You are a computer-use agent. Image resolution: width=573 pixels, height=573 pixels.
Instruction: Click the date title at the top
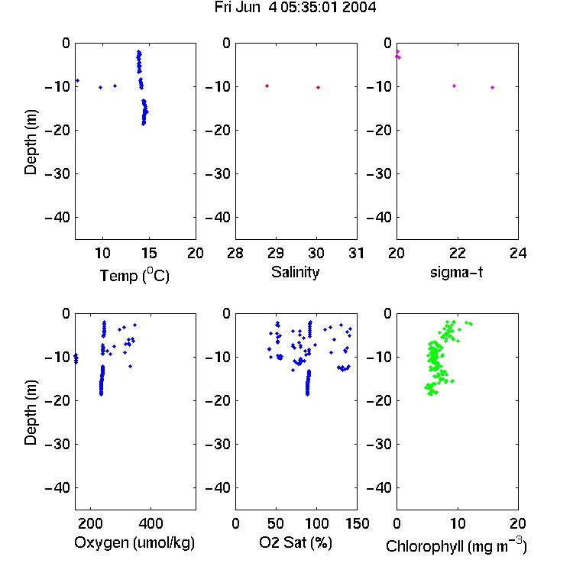point(295,8)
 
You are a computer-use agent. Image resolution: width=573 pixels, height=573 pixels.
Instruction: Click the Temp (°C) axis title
point(134,275)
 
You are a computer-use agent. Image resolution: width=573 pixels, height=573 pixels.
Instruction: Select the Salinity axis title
point(295,272)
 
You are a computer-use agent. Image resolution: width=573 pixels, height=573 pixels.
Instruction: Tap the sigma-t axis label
point(456,272)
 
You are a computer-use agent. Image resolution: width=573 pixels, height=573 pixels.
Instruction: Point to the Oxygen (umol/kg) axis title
point(134,542)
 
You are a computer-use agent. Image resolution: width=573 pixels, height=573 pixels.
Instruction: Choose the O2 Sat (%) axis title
point(296,542)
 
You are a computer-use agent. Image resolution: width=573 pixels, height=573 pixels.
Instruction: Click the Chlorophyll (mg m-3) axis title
point(456,545)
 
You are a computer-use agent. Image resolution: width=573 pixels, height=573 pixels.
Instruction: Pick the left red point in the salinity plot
point(267,86)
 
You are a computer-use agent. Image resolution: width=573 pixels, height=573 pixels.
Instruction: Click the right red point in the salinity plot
point(319,87)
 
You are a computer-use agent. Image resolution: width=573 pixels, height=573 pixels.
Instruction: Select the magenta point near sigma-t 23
point(493,87)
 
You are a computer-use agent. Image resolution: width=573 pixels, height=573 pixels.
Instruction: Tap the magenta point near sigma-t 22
point(455,86)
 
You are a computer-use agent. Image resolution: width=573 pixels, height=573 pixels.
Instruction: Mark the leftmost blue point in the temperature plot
point(77,81)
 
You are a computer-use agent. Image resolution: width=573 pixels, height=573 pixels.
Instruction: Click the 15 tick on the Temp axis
point(149,253)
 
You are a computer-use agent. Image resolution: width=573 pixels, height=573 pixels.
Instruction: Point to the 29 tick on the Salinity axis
point(276,253)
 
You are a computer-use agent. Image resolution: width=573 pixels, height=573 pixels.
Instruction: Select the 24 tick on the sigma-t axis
point(518,253)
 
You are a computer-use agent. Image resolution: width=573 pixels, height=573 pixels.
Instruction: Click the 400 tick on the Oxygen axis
point(151,523)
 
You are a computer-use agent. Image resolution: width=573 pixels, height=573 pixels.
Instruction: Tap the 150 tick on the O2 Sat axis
point(357,523)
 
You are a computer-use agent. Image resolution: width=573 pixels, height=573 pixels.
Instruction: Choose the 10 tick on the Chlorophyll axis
point(458,523)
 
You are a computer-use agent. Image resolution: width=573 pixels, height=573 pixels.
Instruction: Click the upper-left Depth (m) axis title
point(31,142)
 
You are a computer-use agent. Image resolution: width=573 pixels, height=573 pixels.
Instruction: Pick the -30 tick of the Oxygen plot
point(57,444)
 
